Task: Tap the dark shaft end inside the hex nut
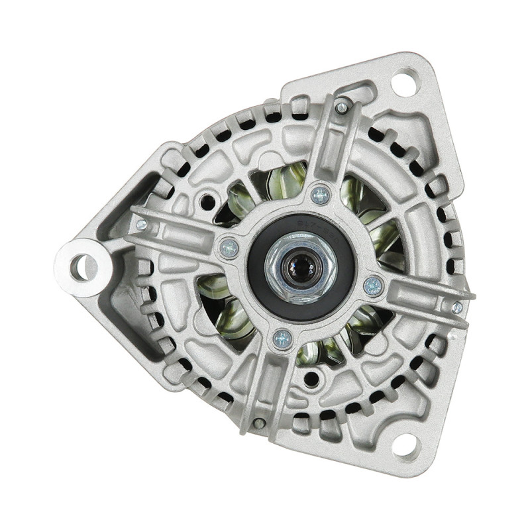(x=295, y=268)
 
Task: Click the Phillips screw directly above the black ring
(x=320, y=195)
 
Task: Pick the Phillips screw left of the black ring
(x=229, y=248)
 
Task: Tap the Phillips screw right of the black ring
(x=373, y=286)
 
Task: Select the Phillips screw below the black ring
(x=282, y=339)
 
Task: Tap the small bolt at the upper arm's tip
(x=341, y=107)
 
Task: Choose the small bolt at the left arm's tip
(x=140, y=224)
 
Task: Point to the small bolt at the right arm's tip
(x=457, y=307)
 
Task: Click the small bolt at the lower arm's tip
(x=259, y=423)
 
